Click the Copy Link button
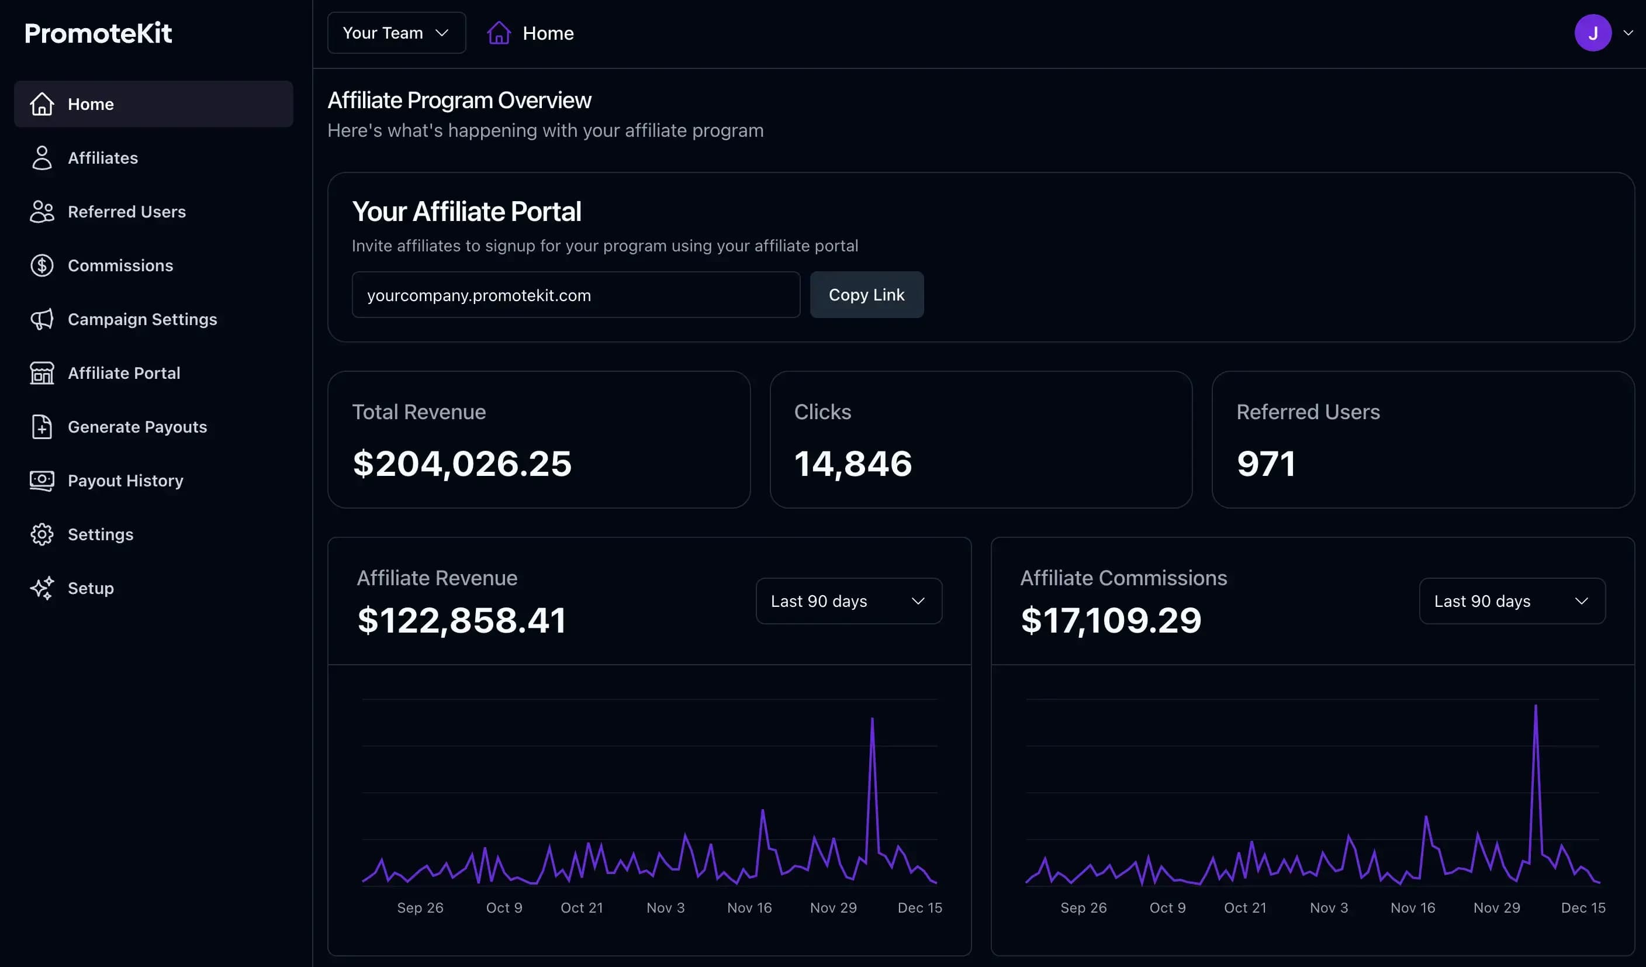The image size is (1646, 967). coord(866,295)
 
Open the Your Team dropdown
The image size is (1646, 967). coord(396,33)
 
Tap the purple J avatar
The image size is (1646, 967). coord(1592,33)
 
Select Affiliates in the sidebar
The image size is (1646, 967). coord(102,158)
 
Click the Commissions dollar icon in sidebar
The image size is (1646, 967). coord(42,265)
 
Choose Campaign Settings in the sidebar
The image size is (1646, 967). coord(141,319)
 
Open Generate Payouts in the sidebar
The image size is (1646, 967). coord(137,427)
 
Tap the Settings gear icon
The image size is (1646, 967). coord(42,534)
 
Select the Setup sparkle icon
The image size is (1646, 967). coord(42,588)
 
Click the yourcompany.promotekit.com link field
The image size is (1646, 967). coord(575,295)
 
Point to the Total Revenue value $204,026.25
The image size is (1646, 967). coord(462,463)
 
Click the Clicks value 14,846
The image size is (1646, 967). coord(852,463)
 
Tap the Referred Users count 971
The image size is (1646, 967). coord(1265,463)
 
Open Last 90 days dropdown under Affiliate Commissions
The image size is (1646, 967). coord(1512,601)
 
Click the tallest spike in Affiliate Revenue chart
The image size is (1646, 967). coord(872,720)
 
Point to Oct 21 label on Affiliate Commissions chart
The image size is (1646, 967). coord(1244,907)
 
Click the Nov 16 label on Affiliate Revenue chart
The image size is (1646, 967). coord(749,907)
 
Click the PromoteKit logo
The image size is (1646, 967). coord(98,33)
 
